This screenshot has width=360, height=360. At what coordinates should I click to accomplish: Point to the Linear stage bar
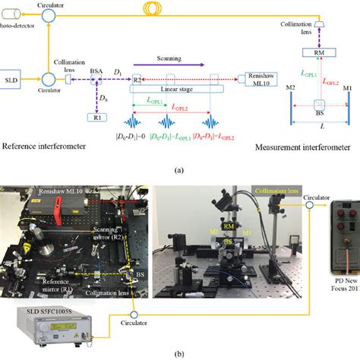(x=175, y=90)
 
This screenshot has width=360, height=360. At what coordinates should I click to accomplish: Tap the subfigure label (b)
(x=180, y=353)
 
